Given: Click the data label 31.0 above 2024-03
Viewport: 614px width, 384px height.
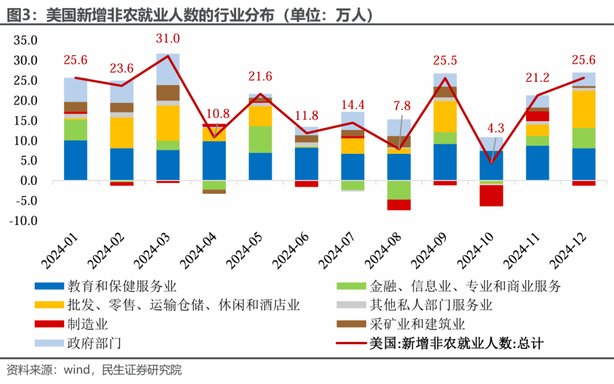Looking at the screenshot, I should point(168,39).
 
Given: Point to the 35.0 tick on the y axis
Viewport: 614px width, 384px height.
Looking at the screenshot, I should point(25,41).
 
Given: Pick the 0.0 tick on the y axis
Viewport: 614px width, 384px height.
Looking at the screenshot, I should point(28,181).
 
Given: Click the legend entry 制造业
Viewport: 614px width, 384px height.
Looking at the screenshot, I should point(88,324).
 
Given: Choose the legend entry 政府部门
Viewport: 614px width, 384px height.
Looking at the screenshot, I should point(94,343).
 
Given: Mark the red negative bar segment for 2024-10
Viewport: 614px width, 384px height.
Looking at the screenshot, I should point(491,195).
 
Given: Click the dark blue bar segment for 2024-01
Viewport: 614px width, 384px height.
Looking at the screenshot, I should point(76,160).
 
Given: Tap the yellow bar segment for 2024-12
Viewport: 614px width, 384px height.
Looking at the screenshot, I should point(584,109).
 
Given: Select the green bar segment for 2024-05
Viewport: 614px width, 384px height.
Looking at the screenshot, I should point(260,139).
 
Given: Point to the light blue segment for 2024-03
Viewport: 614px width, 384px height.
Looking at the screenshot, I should point(168,69).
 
